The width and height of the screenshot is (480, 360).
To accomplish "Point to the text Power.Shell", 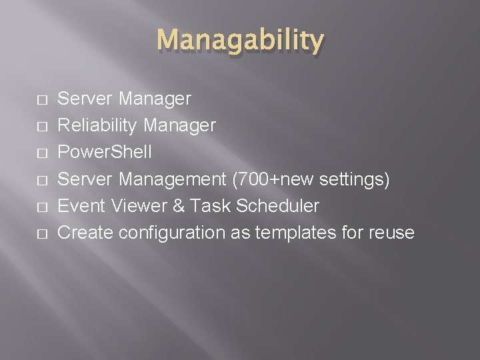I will click(x=105, y=152).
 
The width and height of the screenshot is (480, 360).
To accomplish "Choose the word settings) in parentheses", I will click(x=355, y=179).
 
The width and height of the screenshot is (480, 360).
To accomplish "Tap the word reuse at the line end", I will click(x=392, y=233).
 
